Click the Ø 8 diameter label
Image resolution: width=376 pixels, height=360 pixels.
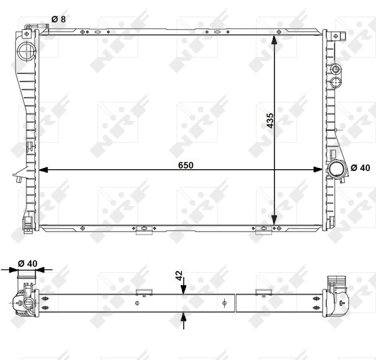click(58, 19)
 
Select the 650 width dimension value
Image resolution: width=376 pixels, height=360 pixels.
click(185, 165)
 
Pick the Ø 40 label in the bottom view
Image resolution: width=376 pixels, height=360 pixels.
click(27, 263)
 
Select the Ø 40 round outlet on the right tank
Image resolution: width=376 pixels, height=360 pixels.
click(335, 169)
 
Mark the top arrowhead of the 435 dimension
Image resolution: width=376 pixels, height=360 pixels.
click(274, 40)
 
